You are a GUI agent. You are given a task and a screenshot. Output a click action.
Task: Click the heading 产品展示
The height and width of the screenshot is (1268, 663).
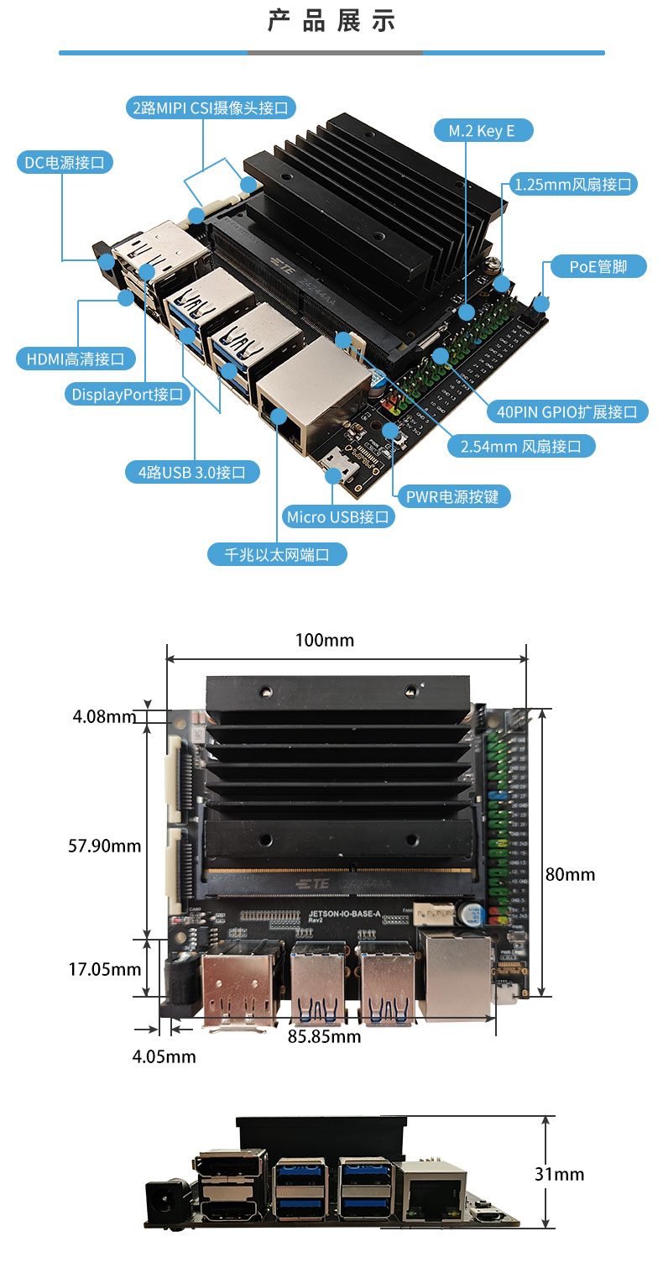point(331,21)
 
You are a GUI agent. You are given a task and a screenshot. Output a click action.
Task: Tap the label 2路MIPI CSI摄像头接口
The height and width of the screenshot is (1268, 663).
point(210,107)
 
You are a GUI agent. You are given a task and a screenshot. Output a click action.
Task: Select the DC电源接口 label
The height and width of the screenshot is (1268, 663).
point(65,163)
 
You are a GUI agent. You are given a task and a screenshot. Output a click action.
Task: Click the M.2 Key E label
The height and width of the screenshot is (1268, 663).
point(482,131)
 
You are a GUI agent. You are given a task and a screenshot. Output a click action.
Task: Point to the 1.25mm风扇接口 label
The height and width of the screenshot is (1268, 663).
point(573,184)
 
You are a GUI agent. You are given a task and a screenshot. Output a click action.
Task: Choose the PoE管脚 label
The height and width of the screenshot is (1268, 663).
point(598,267)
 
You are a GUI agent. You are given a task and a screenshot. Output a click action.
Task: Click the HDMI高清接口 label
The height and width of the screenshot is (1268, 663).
point(76,359)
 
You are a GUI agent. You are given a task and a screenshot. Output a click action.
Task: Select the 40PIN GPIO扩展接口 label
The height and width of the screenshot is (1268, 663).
point(567,411)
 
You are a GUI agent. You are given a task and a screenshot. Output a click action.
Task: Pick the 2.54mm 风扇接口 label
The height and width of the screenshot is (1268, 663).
point(520,446)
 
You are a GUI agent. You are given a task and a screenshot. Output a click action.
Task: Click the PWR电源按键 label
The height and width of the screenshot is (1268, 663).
point(452,496)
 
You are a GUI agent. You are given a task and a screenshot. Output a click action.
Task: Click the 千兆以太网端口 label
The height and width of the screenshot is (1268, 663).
point(277,554)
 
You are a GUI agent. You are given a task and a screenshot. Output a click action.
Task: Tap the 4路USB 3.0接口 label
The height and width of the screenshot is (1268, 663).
point(192,472)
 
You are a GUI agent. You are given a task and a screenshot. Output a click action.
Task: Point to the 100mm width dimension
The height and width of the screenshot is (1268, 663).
point(324,640)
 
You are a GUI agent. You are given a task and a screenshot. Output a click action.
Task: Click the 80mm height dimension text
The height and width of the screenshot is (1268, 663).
point(570,874)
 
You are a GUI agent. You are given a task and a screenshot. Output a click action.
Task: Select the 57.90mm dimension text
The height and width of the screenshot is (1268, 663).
point(104,845)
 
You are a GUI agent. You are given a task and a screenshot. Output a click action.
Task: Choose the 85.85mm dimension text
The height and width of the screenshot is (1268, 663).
point(324,1036)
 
